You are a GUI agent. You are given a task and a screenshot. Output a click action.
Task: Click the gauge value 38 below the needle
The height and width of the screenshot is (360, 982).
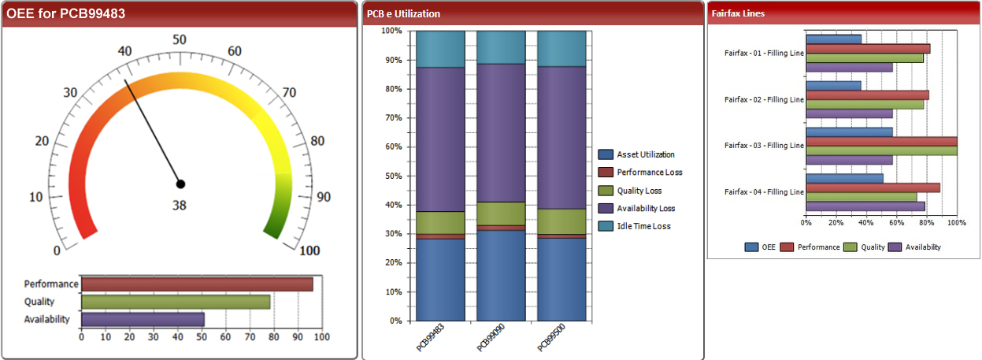coord(180,206)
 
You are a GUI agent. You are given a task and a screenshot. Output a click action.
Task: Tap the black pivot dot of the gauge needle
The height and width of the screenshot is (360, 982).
coord(180,184)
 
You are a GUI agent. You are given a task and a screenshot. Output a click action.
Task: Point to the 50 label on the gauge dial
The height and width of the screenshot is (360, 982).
coord(180,40)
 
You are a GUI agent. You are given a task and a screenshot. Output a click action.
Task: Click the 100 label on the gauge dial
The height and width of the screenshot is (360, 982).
coord(309,251)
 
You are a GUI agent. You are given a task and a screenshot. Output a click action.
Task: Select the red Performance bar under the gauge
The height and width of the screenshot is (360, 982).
coord(197,284)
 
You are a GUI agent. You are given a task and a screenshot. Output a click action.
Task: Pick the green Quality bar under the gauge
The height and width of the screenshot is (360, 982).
coord(176,302)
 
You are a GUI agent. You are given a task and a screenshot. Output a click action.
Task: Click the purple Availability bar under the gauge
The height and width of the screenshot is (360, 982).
coord(143,320)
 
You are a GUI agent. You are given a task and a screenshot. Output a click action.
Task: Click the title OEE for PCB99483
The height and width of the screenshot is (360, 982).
coord(65,13)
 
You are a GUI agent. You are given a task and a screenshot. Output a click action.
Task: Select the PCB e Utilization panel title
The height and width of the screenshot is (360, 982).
coord(403,14)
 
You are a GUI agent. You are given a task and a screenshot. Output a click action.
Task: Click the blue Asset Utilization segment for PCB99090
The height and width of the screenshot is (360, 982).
coord(501,276)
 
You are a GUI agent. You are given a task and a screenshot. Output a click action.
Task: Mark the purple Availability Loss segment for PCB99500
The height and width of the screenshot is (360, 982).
coord(561,138)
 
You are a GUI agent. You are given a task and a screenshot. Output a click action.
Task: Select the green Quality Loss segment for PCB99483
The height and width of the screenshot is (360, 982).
coord(440,223)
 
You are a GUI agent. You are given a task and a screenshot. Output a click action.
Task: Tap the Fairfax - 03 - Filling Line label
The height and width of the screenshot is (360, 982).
coord(764,145)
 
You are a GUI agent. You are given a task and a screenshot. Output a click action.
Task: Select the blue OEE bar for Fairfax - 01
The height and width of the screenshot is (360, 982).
coord(833,39)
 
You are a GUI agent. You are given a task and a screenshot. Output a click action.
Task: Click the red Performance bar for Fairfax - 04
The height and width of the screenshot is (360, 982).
coord(873,187)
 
